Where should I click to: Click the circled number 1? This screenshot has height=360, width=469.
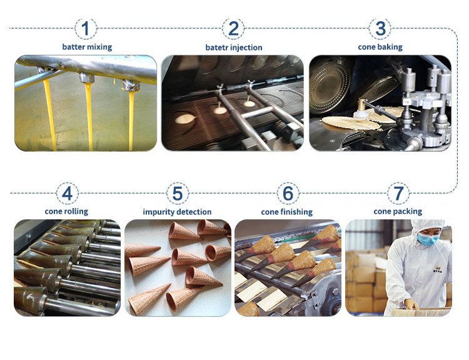click(x=86, y=29)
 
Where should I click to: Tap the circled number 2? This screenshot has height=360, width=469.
click(x=233, y=29)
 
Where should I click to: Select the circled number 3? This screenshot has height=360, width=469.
click(x=380, y=29)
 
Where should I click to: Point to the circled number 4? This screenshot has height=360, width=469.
click(x=68, y=194)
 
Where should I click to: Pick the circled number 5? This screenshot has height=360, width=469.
click(x=178, y=194)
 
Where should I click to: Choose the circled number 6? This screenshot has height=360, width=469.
click(x=288, y=194)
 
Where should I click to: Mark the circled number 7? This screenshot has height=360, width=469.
click(x=398, y=194)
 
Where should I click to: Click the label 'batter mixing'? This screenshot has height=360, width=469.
click(x=87, y=47)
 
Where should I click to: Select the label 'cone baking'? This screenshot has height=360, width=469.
click(x=380, y=47)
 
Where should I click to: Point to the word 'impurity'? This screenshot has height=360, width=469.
click(x=159, y=212)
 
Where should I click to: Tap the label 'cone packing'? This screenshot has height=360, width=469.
click(x=398, y=212)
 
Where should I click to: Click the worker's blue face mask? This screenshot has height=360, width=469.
click(x=428, y=239)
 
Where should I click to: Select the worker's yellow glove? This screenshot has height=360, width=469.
click(x=411, y=304)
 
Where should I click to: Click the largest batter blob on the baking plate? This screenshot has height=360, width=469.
click(x=186, y=119)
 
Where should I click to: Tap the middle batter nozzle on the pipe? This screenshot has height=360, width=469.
click(x=87, y=78)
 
